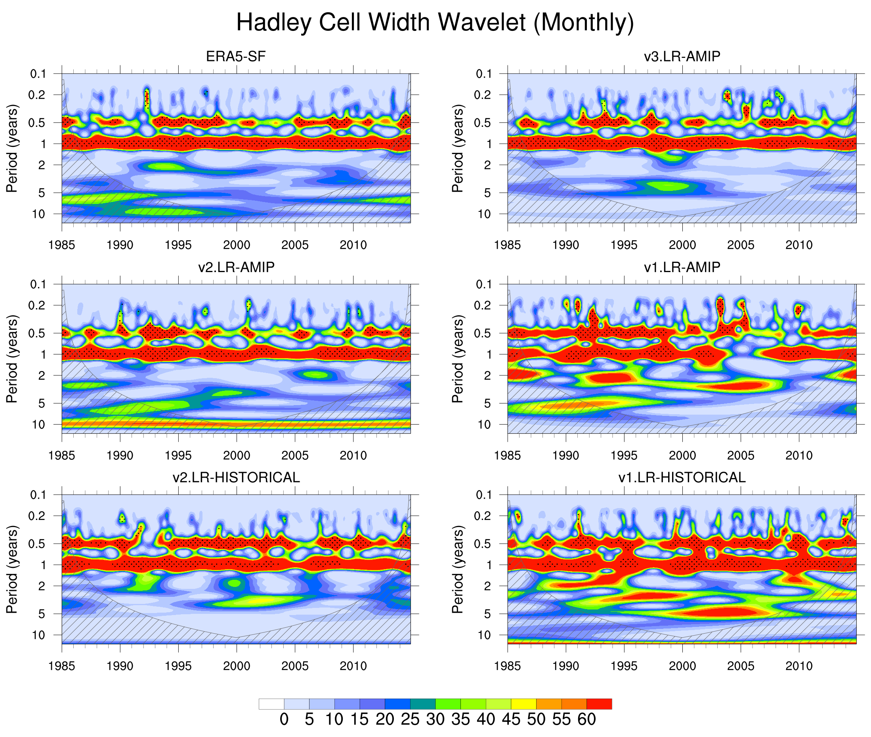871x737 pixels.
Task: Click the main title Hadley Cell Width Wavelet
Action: pyautogui.click(x=435, y=22)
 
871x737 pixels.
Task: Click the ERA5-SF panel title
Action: pyautogui.click(x=236, y=56)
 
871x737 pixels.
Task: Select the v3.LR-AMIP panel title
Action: pyautogui.click(x=682, y=56)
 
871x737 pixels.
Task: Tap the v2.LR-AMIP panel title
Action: pyautogui.click(x=236, y=267)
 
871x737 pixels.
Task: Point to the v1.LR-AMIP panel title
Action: pyautogui.click(x=682, y=267)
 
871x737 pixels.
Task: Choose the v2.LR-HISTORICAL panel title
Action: pyautogui.click(x=236, y=478)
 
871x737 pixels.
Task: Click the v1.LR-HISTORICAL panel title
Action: pyautogui.click(x=682, y=478)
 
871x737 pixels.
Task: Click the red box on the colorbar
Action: pyautogui.click(x=599, y=704)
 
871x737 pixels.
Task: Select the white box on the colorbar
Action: pyautogui.click(x=271, y=704)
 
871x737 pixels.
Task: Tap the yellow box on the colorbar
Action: pyautogui.click(x=523, y=704)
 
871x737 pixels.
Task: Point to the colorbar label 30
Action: pyautogui.click(x=435, y=720)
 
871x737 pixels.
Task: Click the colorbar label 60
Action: pyautogui.click(x=586, y=720)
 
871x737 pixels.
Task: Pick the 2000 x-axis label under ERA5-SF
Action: pyautogui.click(x=237, y=245)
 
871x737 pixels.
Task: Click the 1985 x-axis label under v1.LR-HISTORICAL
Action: pyautogui.click(x=507, y=666)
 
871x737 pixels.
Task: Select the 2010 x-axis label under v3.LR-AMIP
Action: pyautogui.click(x=799, y=245)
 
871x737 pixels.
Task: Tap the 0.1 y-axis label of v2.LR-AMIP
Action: pyautogui.click(x=38, y=284)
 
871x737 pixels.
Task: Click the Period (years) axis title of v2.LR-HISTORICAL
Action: pyautogui.click(x=13, y=569)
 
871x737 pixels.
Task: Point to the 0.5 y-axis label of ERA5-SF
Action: pyautogui.click(x=38, y=123)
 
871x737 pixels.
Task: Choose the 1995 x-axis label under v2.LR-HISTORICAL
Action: pyautogui.click(x=178, y=666)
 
